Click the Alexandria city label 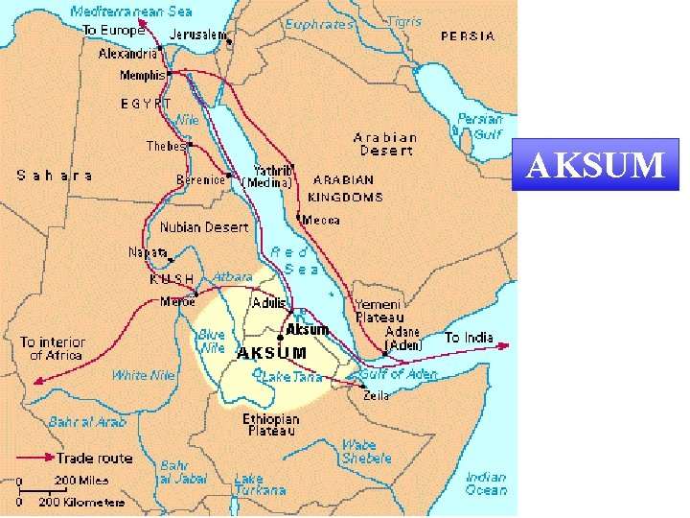[127, 55]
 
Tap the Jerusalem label [199, 35]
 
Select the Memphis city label [142, 75]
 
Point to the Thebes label [166, 146]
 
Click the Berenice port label [200, 179]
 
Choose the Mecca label [320, 220]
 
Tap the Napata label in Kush [148, 252]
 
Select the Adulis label [268, 303]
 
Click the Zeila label [376, 394]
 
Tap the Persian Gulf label [479, 127]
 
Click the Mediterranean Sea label [130, 12]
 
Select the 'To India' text [469, 338]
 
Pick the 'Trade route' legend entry [94, 459]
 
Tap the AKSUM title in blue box [596, 165]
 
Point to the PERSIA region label [468, 35]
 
